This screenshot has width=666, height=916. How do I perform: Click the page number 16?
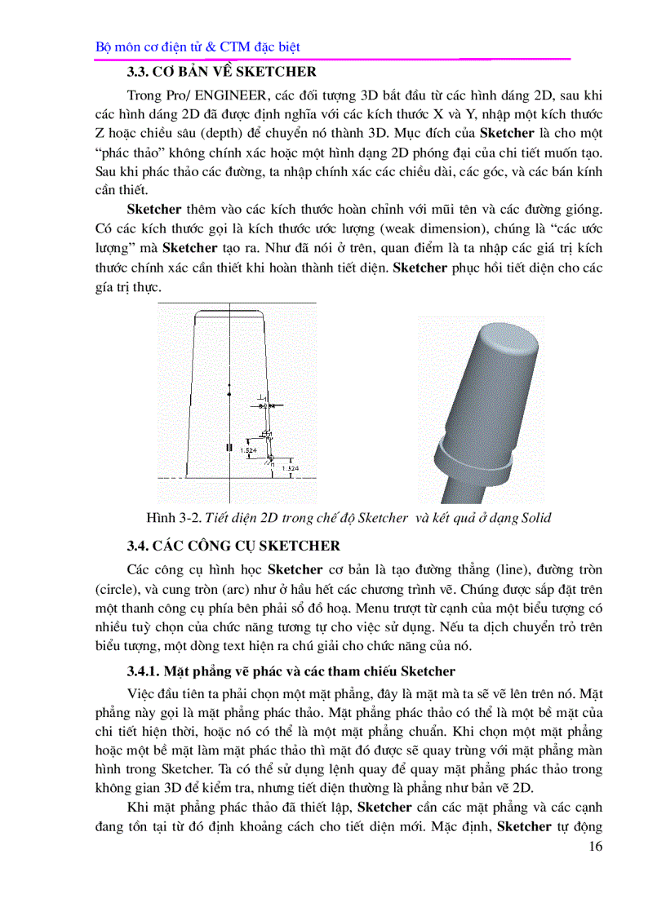[x=594, y=847]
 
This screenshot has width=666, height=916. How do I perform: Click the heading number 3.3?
[x=140, y=72]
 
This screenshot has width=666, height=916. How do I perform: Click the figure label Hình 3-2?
[x=172, y=518]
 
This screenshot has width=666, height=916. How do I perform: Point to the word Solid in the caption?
[x=535, y=518]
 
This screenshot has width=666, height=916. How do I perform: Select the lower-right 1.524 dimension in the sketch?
[x=289, y=468]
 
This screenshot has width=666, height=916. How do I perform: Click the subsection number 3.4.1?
[x=144, y=671]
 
